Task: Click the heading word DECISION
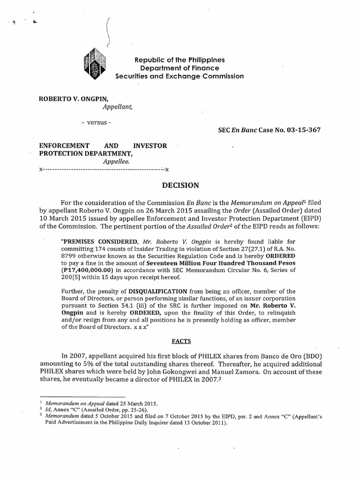180,185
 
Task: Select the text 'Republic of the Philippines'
180,60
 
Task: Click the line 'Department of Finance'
180,68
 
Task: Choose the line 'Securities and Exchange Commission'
180,76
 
